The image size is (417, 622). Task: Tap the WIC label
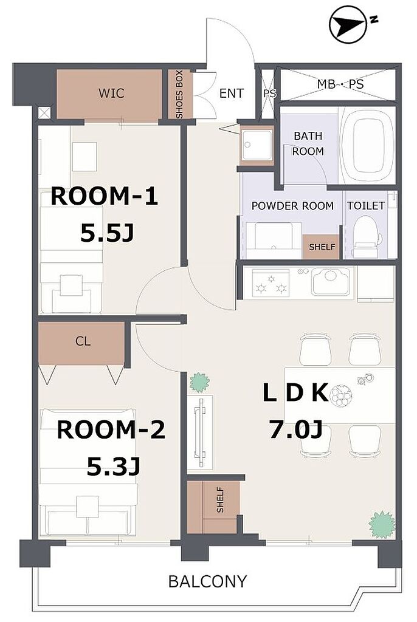pos(111,93)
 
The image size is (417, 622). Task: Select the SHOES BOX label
pos(179,94)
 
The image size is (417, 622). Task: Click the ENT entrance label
pos(231,94)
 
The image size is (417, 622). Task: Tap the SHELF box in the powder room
pos(322,247)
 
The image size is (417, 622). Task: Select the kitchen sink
pos(331,281)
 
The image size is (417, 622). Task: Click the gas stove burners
pos(272,283)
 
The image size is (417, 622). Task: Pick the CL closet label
pos(83,341)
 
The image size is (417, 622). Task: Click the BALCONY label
pos(207,581)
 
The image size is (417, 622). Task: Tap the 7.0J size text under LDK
pos(295,429)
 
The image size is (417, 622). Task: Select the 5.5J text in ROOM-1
pos(107,233)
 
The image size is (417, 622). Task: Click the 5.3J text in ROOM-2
pos(114,466)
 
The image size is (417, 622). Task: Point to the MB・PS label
pos(340,84)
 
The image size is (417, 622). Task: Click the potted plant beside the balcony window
pos(382,525)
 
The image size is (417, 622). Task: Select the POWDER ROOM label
pos(292,206)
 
